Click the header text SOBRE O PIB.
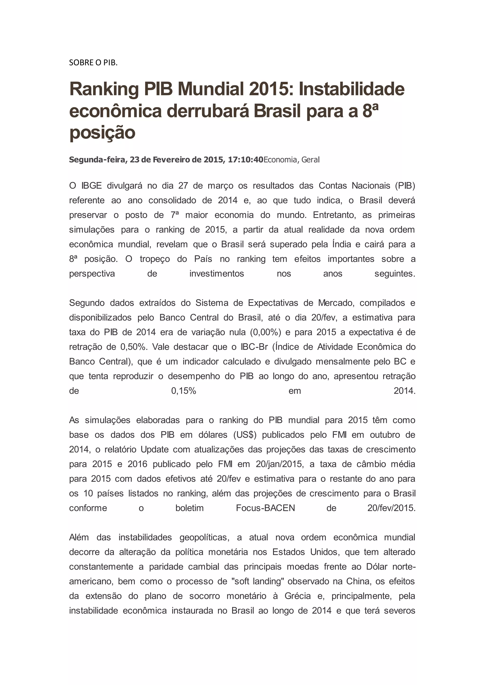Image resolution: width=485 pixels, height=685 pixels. (x=93, y=63)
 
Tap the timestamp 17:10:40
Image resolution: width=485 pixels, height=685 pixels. (x=246, y=160)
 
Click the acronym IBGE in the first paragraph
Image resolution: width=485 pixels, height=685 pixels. (x=92, y=186)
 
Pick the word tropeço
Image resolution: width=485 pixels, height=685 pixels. (x=155, y=259)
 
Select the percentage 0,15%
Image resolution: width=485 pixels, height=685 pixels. (x=183, y=391)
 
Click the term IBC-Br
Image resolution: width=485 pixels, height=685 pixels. (x=254, y=347)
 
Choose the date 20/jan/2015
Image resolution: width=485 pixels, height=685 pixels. (x=279, y=464)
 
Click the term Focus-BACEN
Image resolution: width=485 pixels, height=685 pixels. (x=265, y=508)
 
